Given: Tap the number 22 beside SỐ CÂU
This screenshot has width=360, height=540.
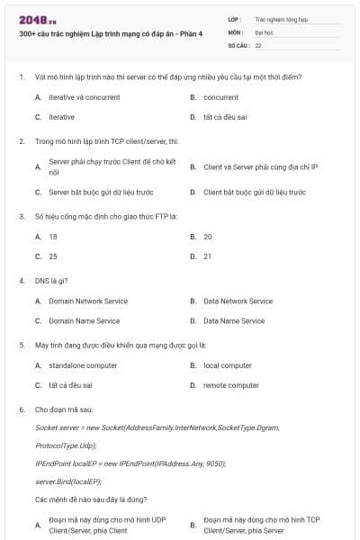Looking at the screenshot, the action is point(258,44).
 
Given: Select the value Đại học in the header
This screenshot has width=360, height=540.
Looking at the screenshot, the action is point(264,31).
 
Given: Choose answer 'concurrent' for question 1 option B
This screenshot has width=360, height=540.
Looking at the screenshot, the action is point(220,97).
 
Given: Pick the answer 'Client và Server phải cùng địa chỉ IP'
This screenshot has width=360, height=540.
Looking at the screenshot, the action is point(260,167).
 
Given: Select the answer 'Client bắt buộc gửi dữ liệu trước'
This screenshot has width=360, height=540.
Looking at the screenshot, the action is point(255,192).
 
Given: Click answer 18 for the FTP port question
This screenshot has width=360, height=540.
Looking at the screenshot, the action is point(53,237).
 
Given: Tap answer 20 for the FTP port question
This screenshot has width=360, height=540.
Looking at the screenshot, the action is point(208,237).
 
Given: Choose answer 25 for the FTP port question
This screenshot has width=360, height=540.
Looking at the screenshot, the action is point(53,256).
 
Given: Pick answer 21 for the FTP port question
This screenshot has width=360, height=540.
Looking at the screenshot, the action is point(208,256).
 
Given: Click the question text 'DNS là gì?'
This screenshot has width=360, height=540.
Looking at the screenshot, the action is point(50,280).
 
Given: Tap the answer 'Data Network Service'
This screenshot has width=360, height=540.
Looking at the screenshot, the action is point(238,301).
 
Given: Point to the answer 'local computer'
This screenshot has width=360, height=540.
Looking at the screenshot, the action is point(227,365).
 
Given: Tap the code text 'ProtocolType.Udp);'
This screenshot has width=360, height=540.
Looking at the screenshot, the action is point(65,445).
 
